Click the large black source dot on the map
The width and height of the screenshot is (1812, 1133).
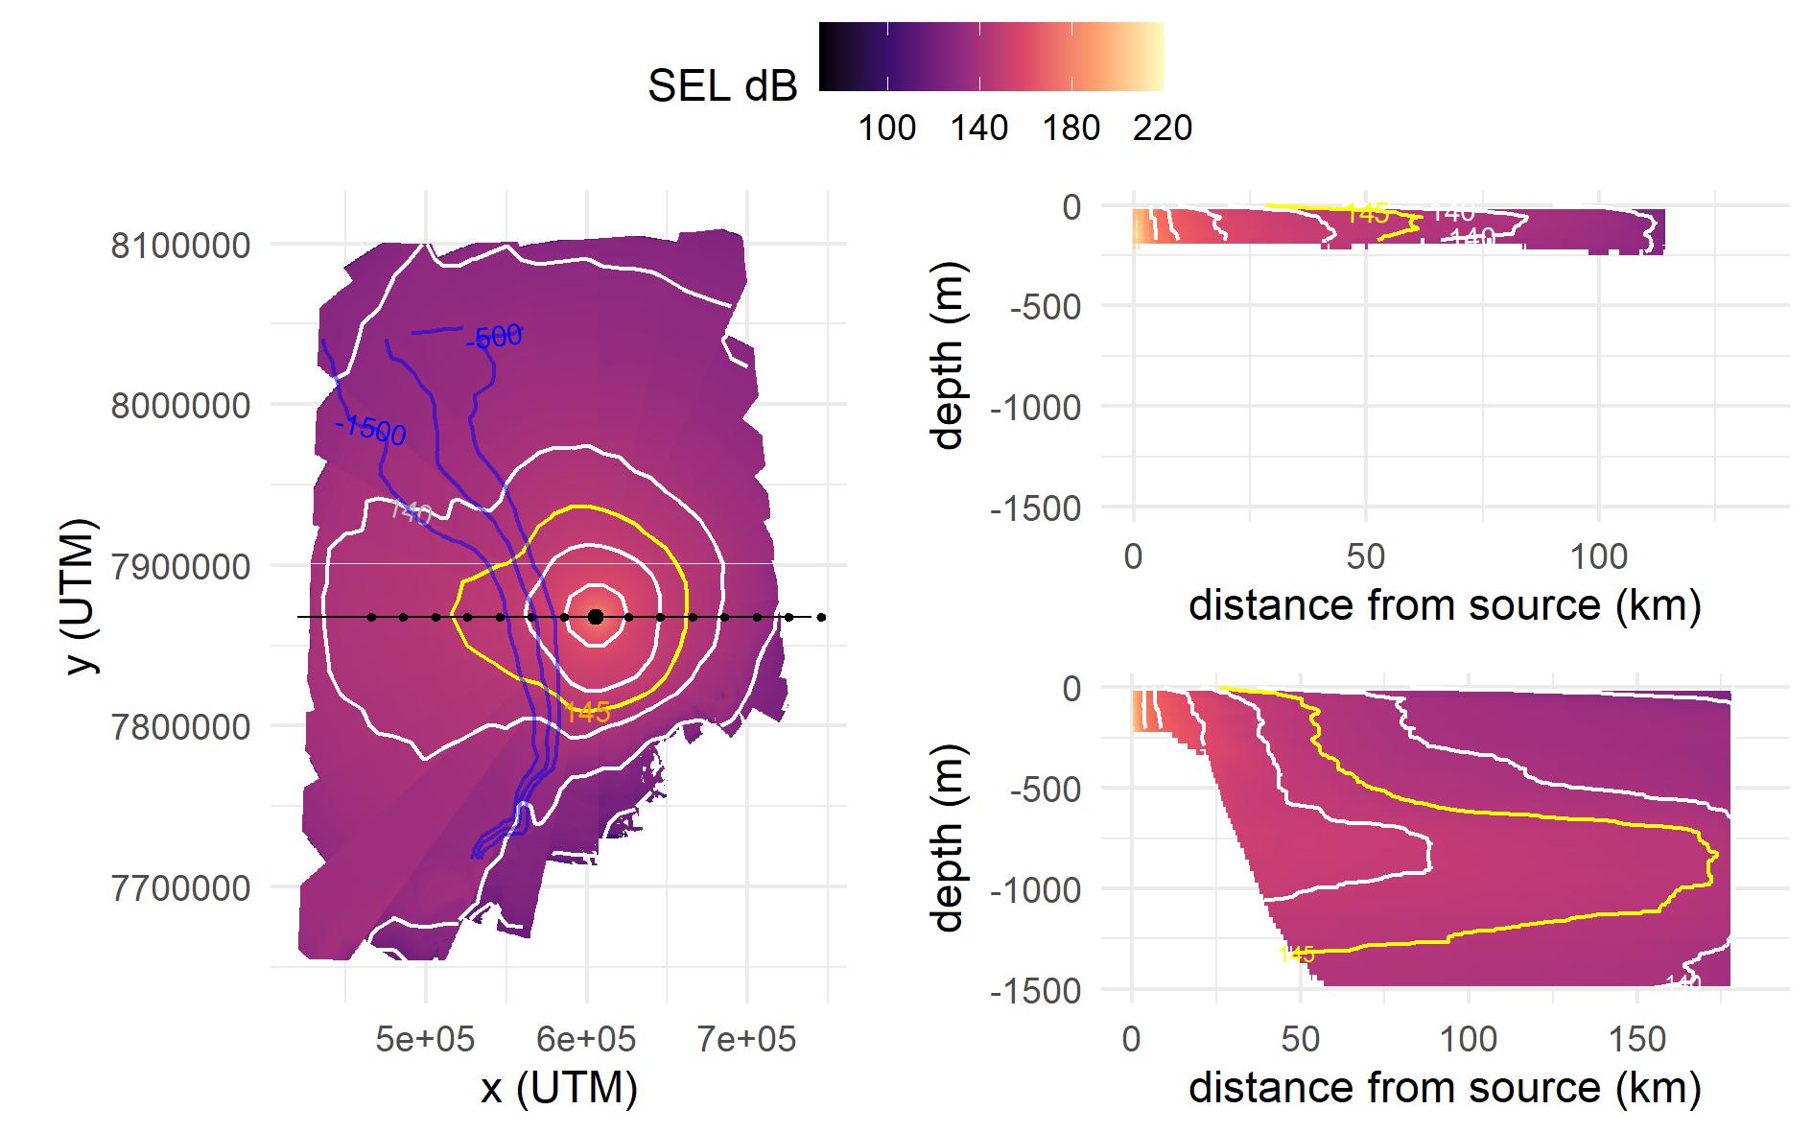point(596,617)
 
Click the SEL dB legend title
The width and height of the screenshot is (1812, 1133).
point(722,87)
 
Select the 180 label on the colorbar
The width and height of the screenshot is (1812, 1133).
point(1071,128)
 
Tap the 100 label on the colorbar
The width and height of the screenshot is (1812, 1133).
point(886,128)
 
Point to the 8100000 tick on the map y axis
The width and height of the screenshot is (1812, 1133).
point(180,246)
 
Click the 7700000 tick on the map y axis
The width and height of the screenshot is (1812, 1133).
point(180,888)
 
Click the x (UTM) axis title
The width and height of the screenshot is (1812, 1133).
point(559,1088)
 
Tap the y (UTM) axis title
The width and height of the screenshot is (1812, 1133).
point(84,597)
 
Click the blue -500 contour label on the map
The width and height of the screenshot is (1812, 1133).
point(494,338)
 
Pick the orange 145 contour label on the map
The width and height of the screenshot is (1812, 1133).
point(587,712)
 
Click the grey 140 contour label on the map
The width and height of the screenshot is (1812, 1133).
point(410,512)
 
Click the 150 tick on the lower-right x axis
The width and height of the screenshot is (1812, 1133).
point(1636,1039)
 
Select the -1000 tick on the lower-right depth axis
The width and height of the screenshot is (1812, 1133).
point(1035,889)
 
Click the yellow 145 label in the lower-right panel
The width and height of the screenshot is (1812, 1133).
point(1296,954)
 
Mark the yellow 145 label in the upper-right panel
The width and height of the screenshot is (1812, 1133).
point(1367,214)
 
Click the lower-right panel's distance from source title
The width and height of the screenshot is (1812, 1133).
point(1445,1088)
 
